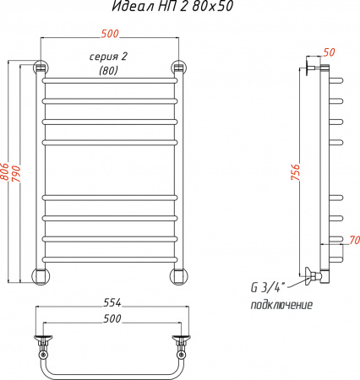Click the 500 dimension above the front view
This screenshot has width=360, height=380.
(x=110, y=34)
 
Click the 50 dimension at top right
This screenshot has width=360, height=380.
(x=329, y=52)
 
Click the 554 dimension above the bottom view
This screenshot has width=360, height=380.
(x=111, y=302)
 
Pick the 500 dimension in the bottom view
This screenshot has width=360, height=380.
(x=111, y=318)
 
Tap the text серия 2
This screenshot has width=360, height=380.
(x=109, y=57)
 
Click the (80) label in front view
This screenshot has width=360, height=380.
(x=109, y=70)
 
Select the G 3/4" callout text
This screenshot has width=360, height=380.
(x=270, y=285)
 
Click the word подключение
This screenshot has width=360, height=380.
(x=281, y=305)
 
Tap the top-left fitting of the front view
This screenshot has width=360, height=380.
(x=40, y=68)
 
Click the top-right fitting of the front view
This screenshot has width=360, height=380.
(x=179, y=68)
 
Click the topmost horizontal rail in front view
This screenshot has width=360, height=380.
(x=110, y=82)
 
